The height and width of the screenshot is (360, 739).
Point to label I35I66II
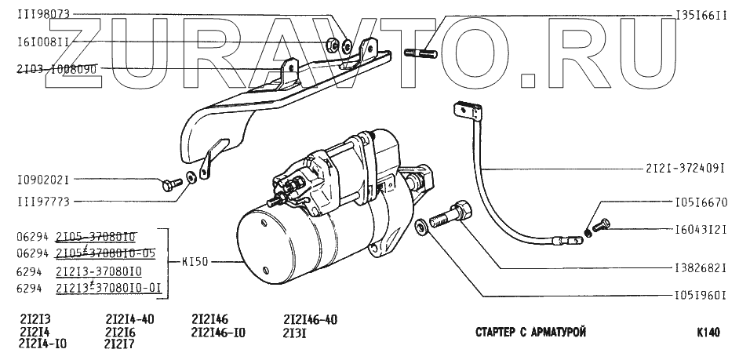tap(703, 14)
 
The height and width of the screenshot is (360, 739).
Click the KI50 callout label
tap(195, 262)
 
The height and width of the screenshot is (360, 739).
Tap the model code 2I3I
tap(294, 333)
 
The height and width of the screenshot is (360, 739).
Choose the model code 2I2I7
tap(119, 344)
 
